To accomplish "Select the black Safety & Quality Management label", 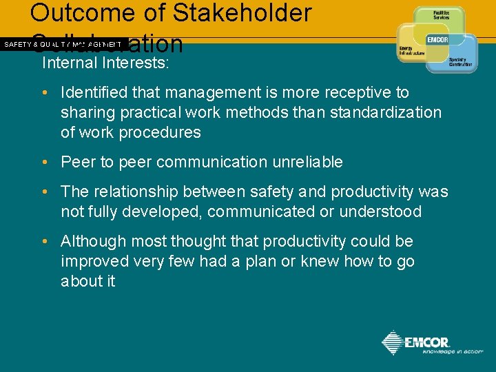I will [64, 44].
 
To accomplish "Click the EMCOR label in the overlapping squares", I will [437, 41].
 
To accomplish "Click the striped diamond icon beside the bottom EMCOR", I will [392, 342].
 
